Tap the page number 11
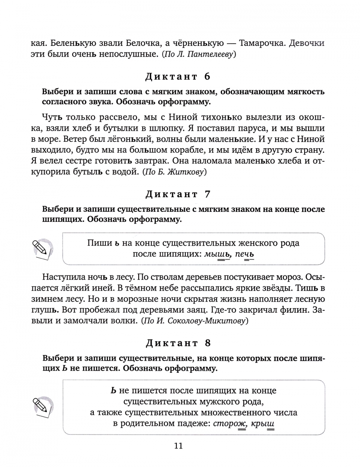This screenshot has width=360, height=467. (178, 446)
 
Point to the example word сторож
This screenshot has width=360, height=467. (229, 424)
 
